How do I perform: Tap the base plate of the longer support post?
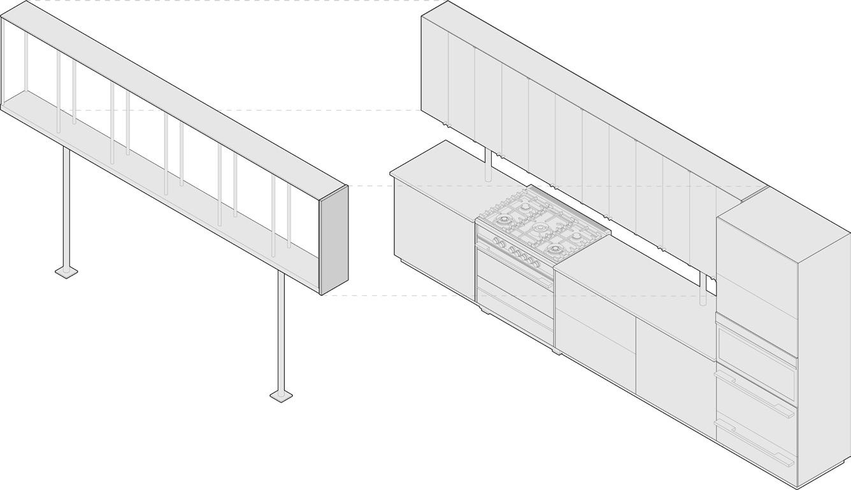point(281,396)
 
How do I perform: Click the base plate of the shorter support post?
point(66,272)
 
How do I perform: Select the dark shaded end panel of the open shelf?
point(334,241)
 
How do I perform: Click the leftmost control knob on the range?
point(494,241)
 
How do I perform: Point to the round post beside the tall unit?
point(703,290)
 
